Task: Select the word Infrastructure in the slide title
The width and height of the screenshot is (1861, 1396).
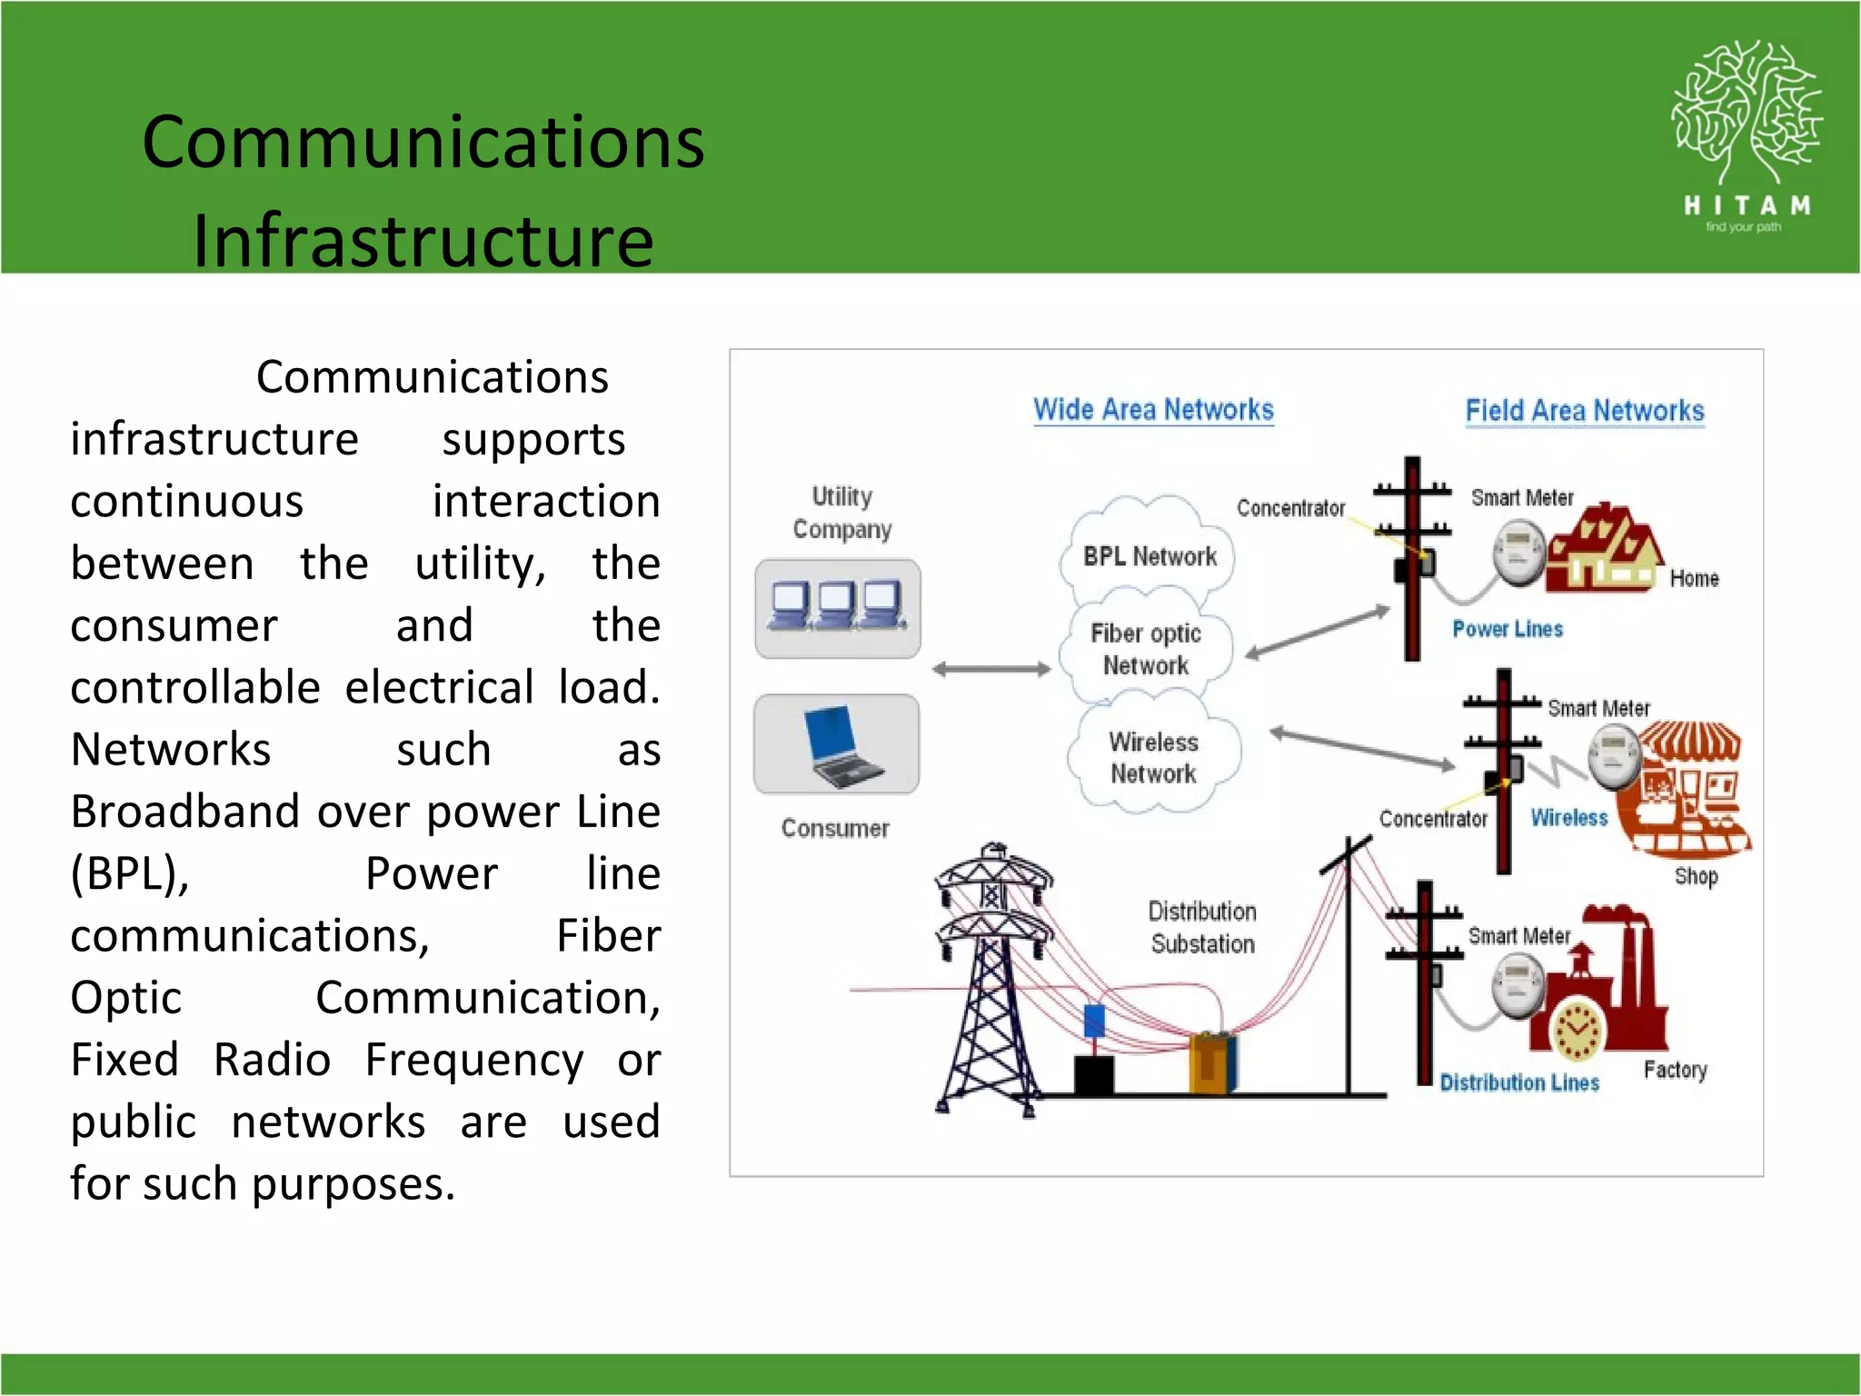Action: click(423, 241)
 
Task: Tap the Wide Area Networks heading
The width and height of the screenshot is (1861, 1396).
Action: click(1153, 410)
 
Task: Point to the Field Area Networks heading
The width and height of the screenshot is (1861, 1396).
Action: click(1584, 411)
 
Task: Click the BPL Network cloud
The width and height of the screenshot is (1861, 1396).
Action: click(1149, 555)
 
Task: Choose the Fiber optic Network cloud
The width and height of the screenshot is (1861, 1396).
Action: click(1146, 649)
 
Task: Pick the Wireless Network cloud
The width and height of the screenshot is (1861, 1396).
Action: click(1153, 757)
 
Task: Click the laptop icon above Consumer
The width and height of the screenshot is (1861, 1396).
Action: click(837, 745)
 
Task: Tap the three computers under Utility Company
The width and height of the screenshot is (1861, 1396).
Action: click(837, 607)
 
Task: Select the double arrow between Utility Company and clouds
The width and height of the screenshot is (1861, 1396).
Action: click(990, 670)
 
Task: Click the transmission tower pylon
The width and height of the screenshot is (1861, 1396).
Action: click(993, 977)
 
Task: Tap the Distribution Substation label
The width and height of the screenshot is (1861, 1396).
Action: click(1201, 927)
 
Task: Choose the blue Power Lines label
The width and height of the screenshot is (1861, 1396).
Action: click(1507, 629)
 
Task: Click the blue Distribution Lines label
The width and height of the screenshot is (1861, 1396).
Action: click(1518, 1082)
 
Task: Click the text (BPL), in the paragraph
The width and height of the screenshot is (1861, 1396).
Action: click(130, 874)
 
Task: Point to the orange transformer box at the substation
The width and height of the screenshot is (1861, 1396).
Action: click(1211, 1062)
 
